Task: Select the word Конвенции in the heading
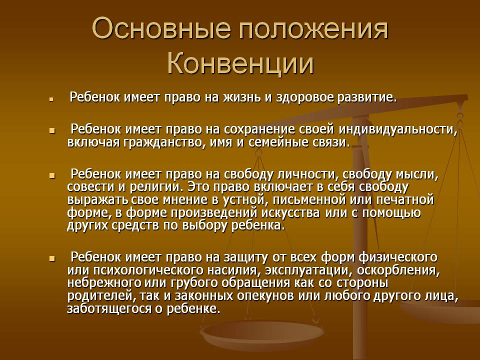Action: (x=240, y=65)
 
